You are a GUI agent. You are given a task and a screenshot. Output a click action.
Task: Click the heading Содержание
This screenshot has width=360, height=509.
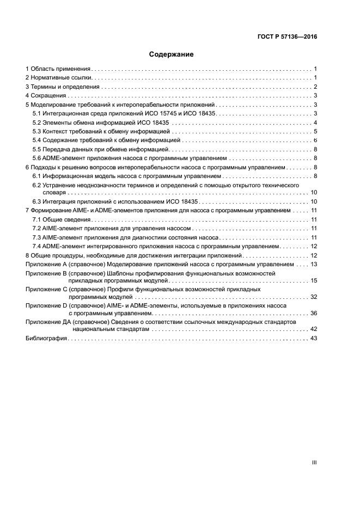172,54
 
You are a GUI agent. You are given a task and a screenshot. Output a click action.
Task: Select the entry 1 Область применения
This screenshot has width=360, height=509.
58,69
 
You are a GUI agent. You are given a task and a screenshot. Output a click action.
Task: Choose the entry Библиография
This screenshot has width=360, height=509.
46,339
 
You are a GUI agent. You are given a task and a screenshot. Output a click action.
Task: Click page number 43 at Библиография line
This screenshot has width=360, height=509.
313,339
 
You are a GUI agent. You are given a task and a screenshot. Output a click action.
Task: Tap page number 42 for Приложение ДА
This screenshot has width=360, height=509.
313,329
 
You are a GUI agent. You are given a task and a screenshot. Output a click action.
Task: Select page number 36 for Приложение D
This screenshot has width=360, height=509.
313,313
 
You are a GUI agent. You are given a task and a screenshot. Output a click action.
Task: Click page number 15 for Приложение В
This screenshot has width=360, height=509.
313,280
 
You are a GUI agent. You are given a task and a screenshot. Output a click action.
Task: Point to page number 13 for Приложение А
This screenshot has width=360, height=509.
313,264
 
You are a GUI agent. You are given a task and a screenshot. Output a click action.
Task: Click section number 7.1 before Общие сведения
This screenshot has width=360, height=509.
37,219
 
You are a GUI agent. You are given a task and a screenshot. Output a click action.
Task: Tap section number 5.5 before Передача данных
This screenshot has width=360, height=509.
37,149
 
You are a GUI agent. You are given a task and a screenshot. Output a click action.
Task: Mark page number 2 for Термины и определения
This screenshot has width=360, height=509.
315,87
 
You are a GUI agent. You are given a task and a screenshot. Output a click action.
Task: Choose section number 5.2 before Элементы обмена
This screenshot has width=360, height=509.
37,122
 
